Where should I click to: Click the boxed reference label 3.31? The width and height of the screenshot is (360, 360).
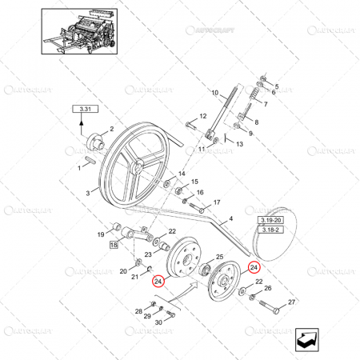point(84,108)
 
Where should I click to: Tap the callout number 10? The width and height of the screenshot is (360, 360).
point(214,94)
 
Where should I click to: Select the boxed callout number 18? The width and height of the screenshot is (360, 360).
point(114,244)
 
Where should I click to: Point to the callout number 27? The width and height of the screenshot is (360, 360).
point(231,218)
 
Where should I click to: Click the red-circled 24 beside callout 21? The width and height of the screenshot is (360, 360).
point(158,281)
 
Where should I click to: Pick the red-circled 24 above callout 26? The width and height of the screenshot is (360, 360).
point(254,267)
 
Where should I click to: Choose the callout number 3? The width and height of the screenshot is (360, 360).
point(88,193)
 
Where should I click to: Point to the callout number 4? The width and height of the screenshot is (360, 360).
point(231,218)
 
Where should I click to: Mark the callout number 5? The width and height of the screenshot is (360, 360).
point(277,86)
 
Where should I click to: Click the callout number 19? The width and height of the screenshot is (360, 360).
point(101,234)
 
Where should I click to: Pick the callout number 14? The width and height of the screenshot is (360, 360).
point(182,174)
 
